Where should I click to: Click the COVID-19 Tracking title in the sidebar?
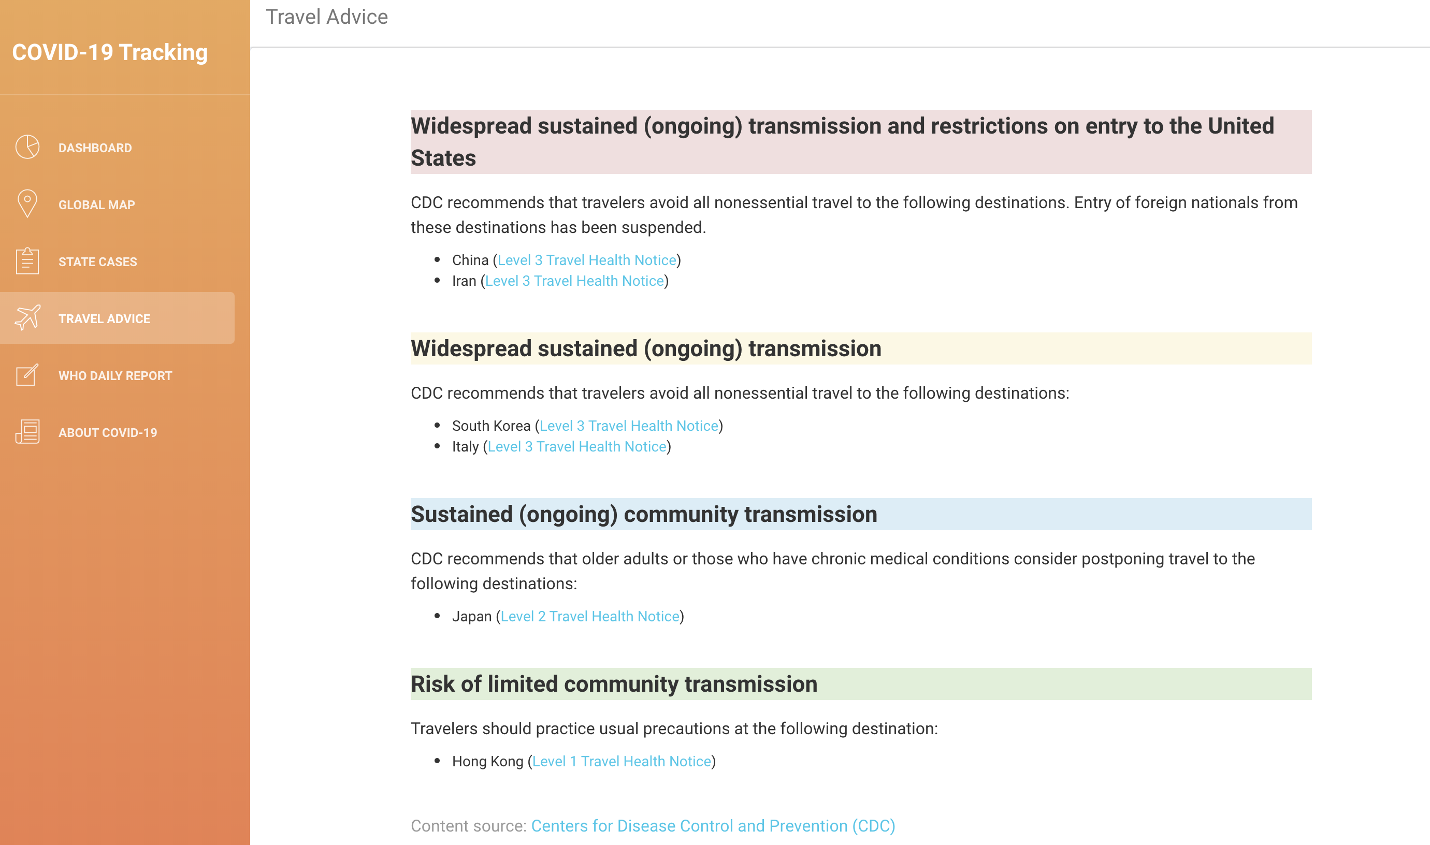(x=110, y=52)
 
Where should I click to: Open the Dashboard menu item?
(x=95, y=148)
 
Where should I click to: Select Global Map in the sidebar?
(x=97, y=205)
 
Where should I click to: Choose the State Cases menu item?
(x=98, y=262)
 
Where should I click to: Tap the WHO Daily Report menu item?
(x=115, y=376)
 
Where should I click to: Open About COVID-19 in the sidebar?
(x=108, y=433)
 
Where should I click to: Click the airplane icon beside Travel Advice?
(x=27, y=318)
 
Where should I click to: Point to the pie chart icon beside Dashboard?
(x=27, y=147)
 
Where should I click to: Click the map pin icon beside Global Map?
(x=27, y=203)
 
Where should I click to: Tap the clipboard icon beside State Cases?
(x=27, y=261)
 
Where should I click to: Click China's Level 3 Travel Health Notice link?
(x=587, y=260)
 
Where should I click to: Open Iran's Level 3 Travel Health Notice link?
(x=574, y=281)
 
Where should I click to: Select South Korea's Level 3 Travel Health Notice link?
(x=629, y=426)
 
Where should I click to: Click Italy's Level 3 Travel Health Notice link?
(x=577, y=446)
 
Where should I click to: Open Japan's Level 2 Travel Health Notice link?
(x=590, y=616)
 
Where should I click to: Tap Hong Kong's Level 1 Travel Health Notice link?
(x=622, y=761)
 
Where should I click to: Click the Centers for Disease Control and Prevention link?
(x=713, y=826)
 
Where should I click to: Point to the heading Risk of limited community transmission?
(x=614, y=684)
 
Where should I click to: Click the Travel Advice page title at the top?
(x=327, y=17)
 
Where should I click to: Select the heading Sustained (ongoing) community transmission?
(x=644, y=514)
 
